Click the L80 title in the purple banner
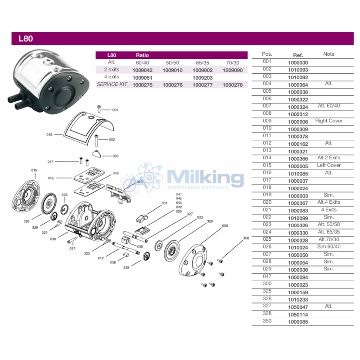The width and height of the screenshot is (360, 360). [x=26, y=39]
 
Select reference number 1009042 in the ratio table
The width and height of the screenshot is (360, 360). [x=142, y=70]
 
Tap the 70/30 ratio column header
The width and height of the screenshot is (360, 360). [x=232, y=63]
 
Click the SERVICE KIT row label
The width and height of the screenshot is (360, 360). [x=112, y=84]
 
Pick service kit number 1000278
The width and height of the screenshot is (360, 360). [x=233, y=85]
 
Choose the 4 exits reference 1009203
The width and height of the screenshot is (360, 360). [x=202, y=78]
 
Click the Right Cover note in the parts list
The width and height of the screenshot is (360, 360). [x=328, y=121]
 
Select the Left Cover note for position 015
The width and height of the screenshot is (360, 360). [x=328, y=165]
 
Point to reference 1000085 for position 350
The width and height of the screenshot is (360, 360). [x=298, y=322]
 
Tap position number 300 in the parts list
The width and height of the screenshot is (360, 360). [x=267, y=283]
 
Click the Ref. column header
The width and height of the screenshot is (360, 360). [x=298, y=55]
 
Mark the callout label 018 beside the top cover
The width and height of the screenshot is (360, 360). [x=49, y=135]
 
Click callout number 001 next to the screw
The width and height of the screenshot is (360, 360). [x=115, y=110]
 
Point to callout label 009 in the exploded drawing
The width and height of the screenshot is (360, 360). [x=225, y=226]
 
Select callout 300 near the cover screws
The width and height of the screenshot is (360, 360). [x=246, y=238]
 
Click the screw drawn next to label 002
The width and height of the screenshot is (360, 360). [x=96, y=141]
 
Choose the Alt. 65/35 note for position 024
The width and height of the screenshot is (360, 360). [x=328, y=232]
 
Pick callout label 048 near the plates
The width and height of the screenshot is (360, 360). [x=116, y=173]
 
